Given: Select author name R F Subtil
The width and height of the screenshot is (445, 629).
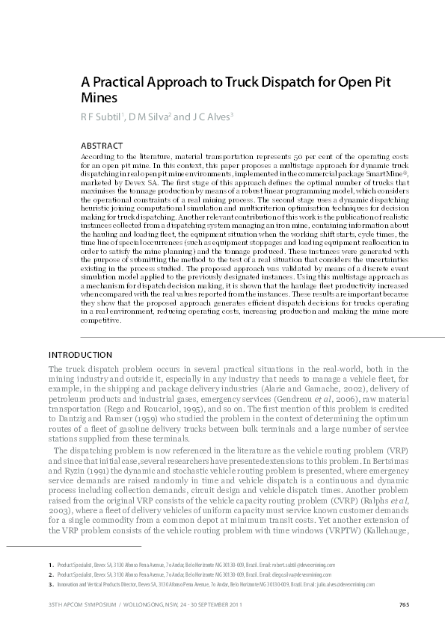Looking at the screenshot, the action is pyautogui.click(x=102, y=117).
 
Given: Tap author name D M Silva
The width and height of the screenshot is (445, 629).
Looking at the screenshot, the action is pyautogui.click(x=150, y=117).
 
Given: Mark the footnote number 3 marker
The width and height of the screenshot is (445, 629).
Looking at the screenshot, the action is pyautogui.click(x=49, y=585).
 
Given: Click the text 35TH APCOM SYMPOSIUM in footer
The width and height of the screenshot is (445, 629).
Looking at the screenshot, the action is pyautogui.click(x=70, y=604).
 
